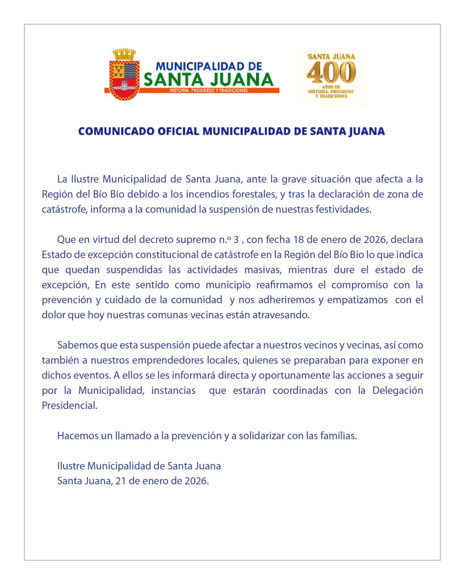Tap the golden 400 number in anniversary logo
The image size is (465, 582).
tap(332, 71)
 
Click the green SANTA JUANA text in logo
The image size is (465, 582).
tap(208, 80)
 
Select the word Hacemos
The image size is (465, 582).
tap(77, 436)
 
